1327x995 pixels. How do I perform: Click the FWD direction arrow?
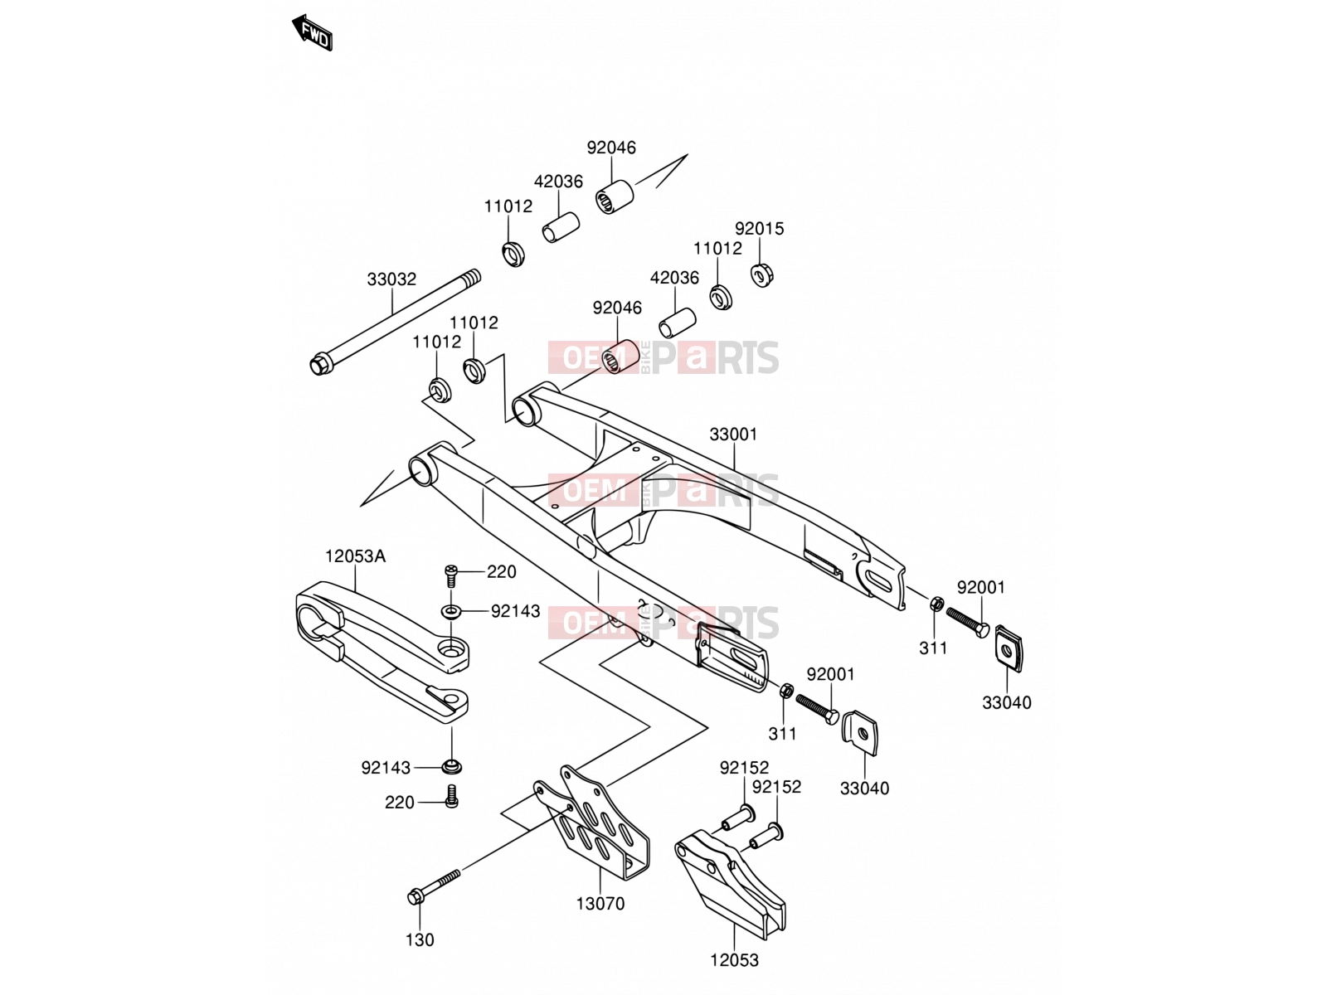coord(312,32)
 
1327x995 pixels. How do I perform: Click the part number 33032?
coord(391,279)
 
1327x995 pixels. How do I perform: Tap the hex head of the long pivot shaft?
coord(318,366)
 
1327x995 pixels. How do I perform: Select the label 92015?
coord(760,228)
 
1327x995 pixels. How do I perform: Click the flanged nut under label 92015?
coord(762,275)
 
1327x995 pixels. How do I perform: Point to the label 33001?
coord(733,434)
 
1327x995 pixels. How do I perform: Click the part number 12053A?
coord(356,556)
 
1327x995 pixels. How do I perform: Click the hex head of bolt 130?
coord(416,897)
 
